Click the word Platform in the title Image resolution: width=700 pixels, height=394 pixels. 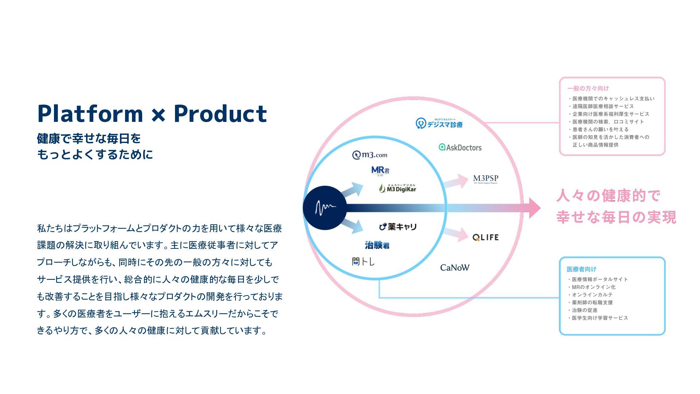pyautogui.click(x=90, y=113)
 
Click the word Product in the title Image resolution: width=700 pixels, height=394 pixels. pyautogui.click(x=220, y=113)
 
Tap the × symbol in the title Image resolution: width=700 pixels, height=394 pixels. pyautogui.click(x=158, y=115)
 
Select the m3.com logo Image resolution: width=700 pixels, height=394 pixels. pyautogui.click(x=370, y=155)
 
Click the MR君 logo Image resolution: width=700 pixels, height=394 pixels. pyautogui.click(x=380, y=171)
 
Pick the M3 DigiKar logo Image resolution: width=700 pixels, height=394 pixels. pyautogui.click(x=397, y=188)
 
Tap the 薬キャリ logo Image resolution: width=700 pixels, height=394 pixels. pyautogui.click(x=398, y=227)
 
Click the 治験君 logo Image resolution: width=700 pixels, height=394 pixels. pyautogui.click(x=377, y=245)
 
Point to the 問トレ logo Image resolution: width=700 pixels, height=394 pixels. pyautogui.click(x=363, y=261)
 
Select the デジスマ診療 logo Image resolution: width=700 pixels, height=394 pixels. pyautogui.click(x=439, y=124)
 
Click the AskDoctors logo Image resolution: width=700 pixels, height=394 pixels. pyautogui.click(x=460, y=147)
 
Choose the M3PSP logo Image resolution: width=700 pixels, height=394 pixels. pyautogui.click(x=485, y=179)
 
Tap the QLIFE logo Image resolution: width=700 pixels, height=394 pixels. pyautogui.click(x=485, y=237)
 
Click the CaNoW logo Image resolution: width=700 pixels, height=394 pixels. pyautogui.click(x=455, y=268)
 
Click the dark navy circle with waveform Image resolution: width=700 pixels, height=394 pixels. pyautogui.click(x=324, y=208)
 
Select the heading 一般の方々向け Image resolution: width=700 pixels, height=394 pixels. pyautogui.click(x=588, y=88)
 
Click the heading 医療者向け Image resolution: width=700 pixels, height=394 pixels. pyautogui.click(x=581, y=269)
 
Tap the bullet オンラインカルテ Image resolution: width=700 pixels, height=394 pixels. pyautogui.click(x=592, y=295)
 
